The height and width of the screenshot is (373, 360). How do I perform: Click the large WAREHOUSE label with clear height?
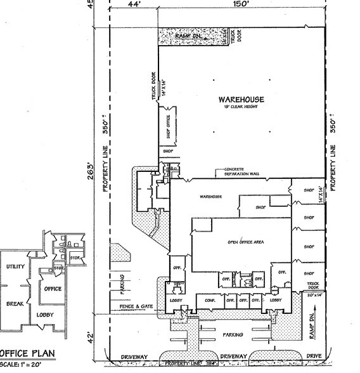[241, 101]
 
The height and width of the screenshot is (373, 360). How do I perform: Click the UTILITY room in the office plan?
[15, 267]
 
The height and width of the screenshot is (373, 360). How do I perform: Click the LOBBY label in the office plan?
[45, 315]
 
